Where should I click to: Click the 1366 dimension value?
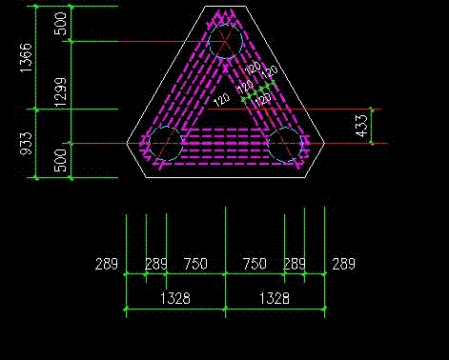27,58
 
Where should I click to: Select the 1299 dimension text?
60,92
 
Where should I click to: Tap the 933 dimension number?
27,144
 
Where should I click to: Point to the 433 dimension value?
361,126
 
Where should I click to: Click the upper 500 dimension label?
60,24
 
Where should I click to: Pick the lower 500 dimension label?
60,161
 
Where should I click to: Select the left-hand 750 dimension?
195,264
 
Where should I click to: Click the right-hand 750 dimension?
255,264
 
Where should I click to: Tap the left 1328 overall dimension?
175,298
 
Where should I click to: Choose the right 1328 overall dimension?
275,298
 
